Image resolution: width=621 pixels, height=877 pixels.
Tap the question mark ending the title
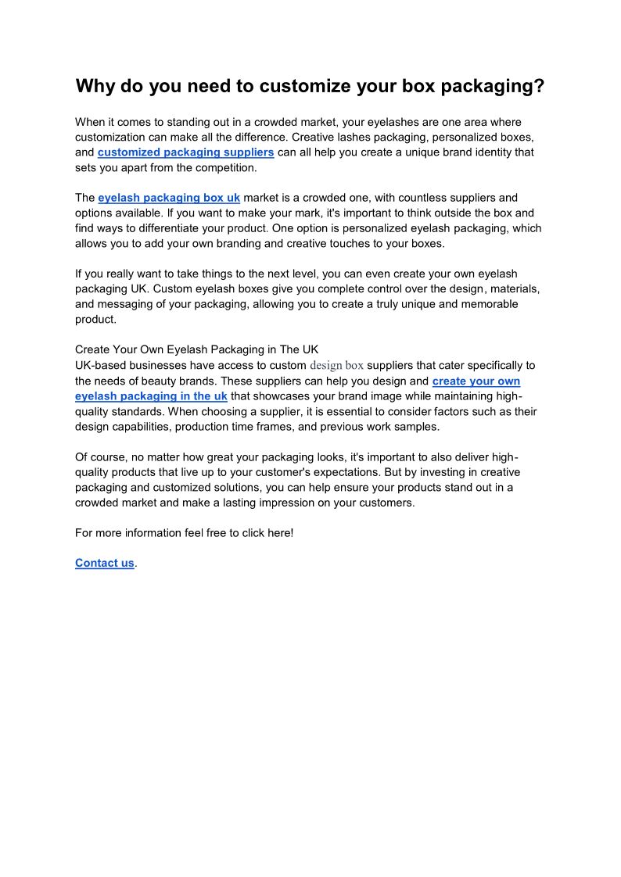click(539, 86)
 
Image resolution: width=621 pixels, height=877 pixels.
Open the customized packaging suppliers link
click(185, 152)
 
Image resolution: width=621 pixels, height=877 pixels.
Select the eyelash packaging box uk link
click(169, 198)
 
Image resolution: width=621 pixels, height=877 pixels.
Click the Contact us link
click(105, 563)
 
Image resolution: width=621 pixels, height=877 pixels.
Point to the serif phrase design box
click(337, 365)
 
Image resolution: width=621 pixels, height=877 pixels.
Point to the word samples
click(418, 427)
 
